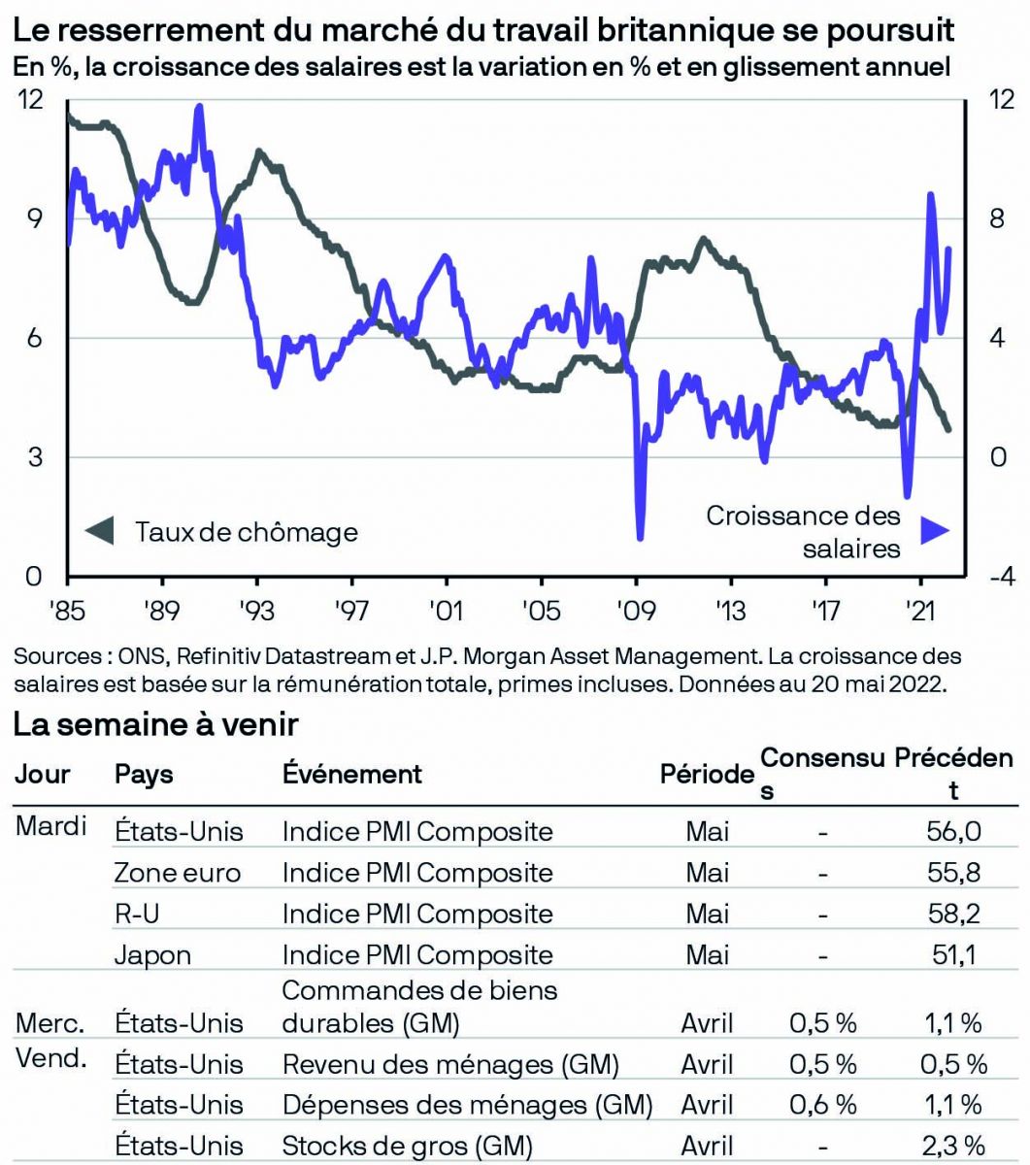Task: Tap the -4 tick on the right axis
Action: [1000, 576]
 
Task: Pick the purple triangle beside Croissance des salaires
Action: [935, 530]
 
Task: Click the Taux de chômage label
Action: [247, 532]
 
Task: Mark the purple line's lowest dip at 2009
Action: [640, 536]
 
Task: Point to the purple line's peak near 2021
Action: [930, 195]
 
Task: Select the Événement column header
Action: [352, 774]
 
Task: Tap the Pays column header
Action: [144, 774]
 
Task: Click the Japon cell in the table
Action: [152, 955]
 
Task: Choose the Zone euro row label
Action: [177, 873]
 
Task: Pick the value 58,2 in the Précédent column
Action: [953, 914]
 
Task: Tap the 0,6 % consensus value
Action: [822, 1105]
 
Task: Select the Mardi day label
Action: [51, 827]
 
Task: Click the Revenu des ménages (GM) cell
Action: [450, 1064]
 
